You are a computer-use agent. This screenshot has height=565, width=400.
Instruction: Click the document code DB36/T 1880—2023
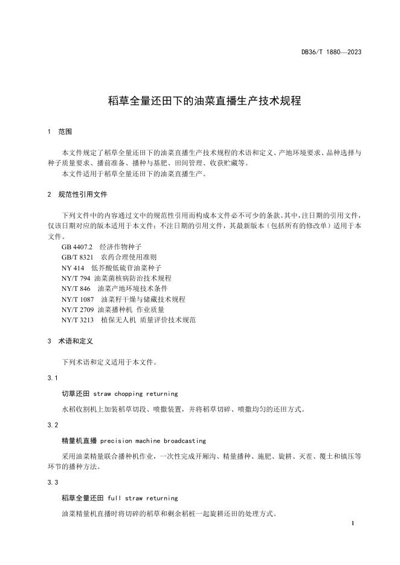[331, 53]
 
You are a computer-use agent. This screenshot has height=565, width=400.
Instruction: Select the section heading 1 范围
[60, 132]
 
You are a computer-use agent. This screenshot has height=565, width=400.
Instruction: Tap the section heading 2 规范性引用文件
[77, 195]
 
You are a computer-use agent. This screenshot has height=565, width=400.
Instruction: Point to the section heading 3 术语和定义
[69, 341]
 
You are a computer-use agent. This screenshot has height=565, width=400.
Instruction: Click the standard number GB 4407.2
[77, 247]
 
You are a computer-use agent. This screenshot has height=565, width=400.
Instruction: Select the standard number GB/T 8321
[77, 258]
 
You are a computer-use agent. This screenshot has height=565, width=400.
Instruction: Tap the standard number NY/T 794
[76, 278]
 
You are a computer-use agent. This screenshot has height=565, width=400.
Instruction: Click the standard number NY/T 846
[76, 289]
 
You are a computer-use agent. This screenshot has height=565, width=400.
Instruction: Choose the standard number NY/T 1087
[78, 299]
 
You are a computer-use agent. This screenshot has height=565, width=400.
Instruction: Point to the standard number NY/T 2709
[78, 309]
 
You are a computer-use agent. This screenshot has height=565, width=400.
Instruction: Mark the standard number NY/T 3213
[78, 319]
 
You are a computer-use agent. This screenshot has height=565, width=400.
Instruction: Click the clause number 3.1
[52, 378]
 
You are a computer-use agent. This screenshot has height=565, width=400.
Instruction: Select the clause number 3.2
[52, 425]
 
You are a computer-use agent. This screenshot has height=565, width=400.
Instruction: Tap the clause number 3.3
[52, 482]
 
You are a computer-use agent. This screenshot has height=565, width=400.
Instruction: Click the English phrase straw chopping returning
[136, 394]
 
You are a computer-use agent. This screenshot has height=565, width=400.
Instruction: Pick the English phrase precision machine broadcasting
[153, 441]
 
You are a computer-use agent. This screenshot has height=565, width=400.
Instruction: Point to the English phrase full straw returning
[143, 498]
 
